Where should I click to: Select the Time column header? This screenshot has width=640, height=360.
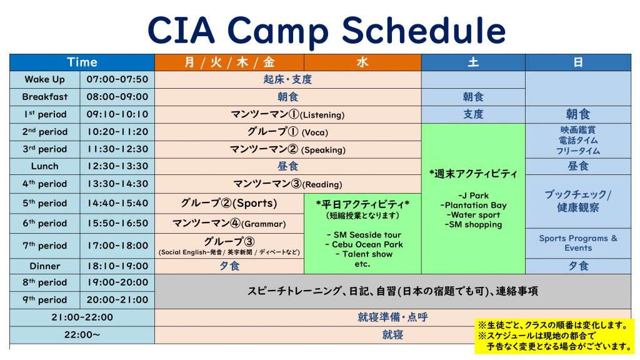[82, 62]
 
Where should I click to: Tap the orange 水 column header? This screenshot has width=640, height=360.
[362, 62]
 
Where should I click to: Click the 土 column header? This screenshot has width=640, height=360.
[473, 62]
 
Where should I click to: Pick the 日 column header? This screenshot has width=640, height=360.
[578, 62]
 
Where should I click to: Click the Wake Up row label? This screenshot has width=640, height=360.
[45, 79]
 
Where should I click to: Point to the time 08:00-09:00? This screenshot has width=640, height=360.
[117, 97]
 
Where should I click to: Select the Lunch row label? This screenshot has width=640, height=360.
[45, 166]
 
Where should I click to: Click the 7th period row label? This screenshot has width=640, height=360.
[45, 246]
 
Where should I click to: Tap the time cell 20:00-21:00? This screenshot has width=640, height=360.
[117, 300]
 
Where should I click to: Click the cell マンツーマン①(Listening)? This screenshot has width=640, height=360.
[287, 114]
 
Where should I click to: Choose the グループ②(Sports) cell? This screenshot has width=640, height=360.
[229, 203]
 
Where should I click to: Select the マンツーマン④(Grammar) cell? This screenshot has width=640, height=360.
[229, 223]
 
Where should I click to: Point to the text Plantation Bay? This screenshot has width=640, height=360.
[473, 205]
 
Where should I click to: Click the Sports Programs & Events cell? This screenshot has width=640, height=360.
[578, 243]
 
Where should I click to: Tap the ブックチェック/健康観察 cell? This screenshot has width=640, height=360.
[578, 201]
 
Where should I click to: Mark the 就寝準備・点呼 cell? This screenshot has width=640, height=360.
[392, 317]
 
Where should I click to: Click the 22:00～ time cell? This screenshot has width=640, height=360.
[82, 335]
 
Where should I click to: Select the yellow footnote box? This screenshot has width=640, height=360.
[555, 336]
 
